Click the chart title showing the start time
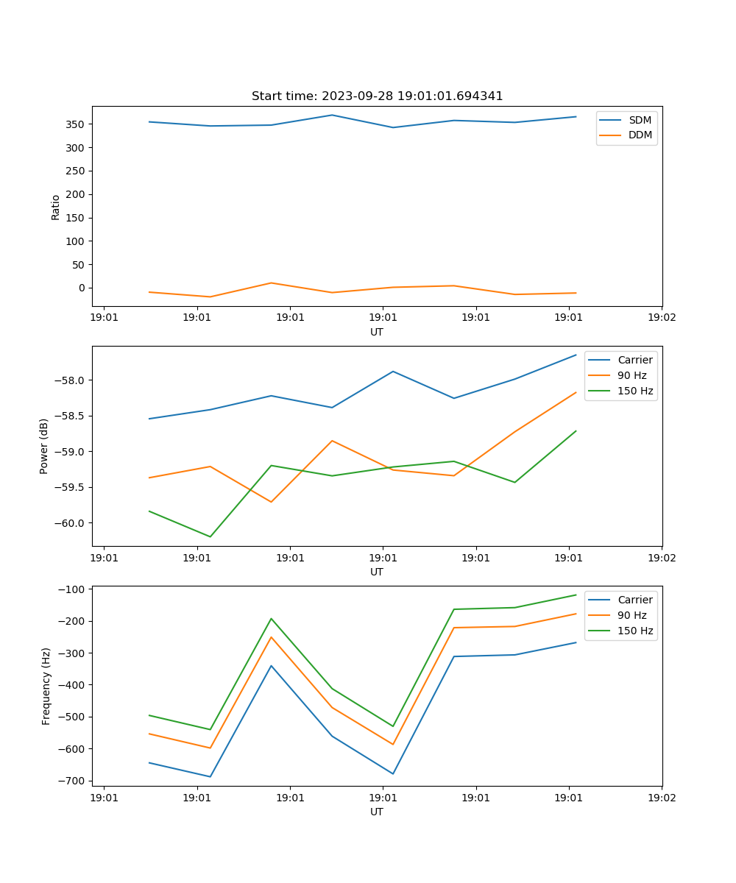377,96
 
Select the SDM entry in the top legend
640,120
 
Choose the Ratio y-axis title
56,208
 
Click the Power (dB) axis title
44,446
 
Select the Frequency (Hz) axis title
46,686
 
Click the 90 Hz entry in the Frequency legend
631,615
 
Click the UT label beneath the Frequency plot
377,812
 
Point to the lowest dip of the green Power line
210,536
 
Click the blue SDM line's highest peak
332,115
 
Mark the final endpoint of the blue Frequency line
576,642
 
